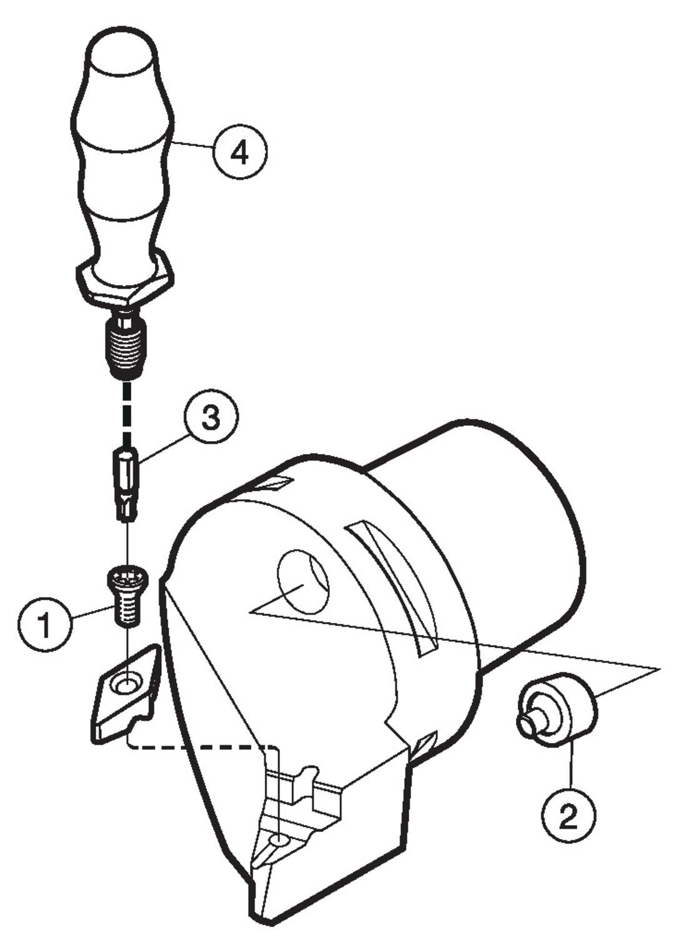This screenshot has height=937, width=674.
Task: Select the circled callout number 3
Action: coord(210,420)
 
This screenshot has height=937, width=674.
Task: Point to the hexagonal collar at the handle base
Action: coord(125,285)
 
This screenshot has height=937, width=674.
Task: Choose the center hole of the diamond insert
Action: coord(126,685)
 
